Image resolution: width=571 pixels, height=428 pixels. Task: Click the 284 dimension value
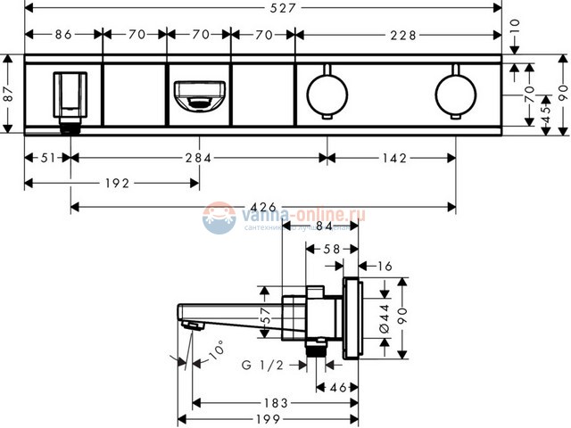pyautogui.click(x=197, y=159)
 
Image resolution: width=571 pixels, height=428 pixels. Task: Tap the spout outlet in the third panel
pyautogui.click(x=198, y=94)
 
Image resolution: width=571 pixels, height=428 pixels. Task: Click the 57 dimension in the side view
pyautogui.click(x=264, y=314)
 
